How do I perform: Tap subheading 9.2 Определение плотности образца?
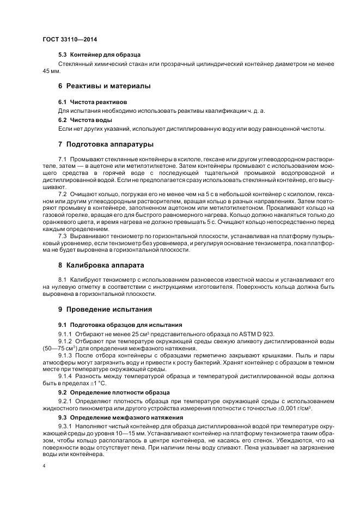pos(114,392)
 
